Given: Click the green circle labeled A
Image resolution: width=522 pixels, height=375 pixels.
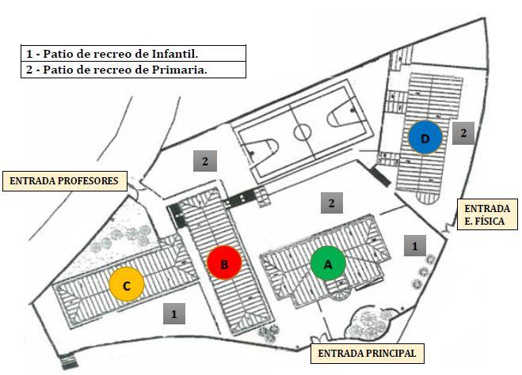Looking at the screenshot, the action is coord(327,263).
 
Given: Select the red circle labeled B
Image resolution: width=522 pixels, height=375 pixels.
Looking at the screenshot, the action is coord(224,264).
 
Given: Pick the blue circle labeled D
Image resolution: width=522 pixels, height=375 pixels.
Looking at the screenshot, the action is coord(426,138).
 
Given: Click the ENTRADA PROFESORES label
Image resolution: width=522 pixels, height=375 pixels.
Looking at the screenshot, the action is coord(64,181).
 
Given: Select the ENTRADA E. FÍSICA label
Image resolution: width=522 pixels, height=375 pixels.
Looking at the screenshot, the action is coord(486,214).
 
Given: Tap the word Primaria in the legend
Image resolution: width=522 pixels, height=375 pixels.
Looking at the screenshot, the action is coord(189,70).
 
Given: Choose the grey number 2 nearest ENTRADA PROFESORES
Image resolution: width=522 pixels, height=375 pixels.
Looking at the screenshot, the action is coord(205,162).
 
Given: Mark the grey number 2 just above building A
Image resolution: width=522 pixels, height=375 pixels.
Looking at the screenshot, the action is coord(332,203).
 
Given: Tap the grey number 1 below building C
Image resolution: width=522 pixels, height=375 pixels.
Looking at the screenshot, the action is coord(174,313).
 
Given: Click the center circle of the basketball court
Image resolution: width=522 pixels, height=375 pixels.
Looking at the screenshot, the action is coord(303,131).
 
